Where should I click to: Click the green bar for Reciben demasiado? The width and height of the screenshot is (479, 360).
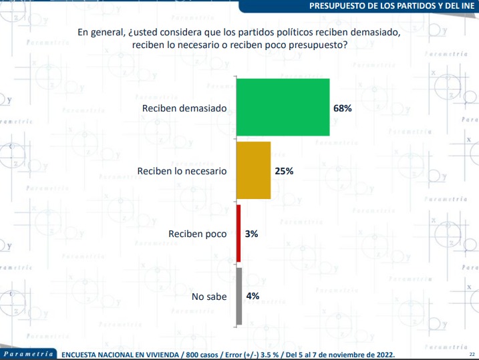(283, 108)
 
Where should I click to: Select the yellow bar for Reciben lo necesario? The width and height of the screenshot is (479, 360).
(254, 170)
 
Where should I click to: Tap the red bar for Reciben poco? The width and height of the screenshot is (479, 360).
(238, 234)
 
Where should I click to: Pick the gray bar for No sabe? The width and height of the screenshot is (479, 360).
(238, 297)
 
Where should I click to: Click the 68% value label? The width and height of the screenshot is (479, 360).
(343, 108)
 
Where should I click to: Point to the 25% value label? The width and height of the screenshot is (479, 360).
(284, 171)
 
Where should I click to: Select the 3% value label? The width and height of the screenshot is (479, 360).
(251, 234)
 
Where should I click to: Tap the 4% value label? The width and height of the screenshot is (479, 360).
(251, 297)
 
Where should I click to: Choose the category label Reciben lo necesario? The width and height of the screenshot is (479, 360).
(182, 171)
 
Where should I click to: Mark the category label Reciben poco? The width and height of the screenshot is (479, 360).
(198, 234)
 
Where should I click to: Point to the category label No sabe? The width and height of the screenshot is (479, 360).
(209, 297)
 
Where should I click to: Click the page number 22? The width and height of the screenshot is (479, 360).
(472, 354)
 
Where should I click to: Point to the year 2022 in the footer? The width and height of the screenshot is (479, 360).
(382, 354)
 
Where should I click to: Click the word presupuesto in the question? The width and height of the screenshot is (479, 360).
(319, 44)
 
